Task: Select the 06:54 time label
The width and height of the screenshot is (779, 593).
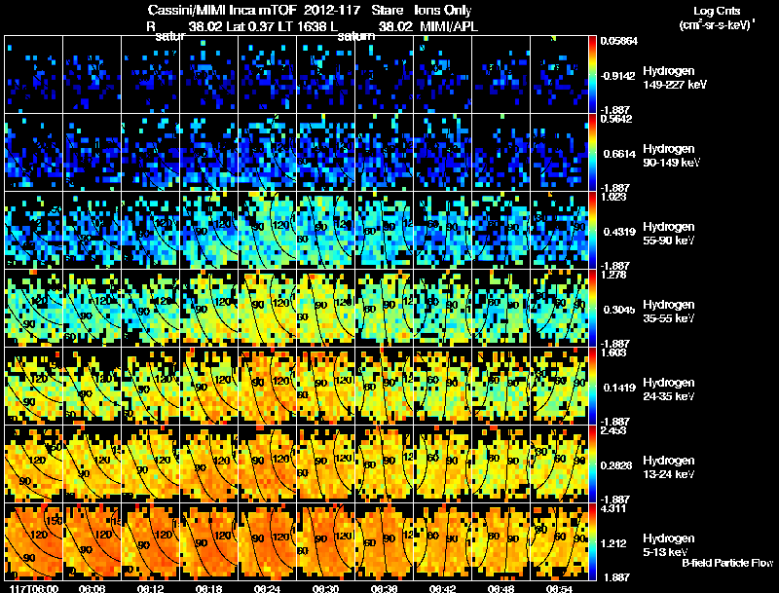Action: [x=559, y=588]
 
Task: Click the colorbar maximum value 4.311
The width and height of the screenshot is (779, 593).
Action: [x=613, y=508]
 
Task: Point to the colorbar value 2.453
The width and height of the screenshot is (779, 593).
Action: [x=613, y=430]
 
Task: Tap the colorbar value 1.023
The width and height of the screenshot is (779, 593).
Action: [x=613, y=197]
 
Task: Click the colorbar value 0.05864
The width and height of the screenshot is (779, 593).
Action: [x=616, y=41]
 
